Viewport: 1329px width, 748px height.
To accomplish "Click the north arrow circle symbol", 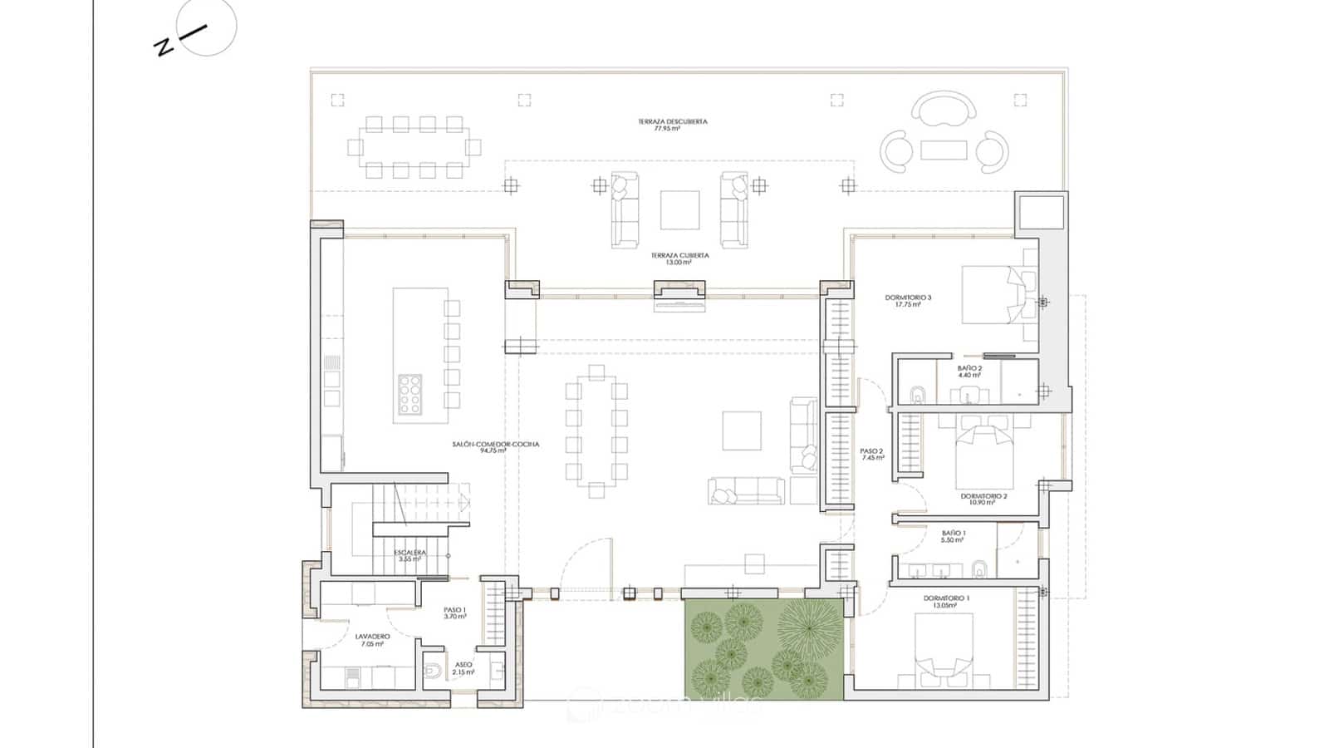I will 207,27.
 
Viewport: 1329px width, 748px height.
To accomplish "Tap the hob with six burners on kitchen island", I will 409,395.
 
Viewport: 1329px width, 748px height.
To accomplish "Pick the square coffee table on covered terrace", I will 679,210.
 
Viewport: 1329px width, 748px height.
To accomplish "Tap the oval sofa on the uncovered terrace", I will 944,109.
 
